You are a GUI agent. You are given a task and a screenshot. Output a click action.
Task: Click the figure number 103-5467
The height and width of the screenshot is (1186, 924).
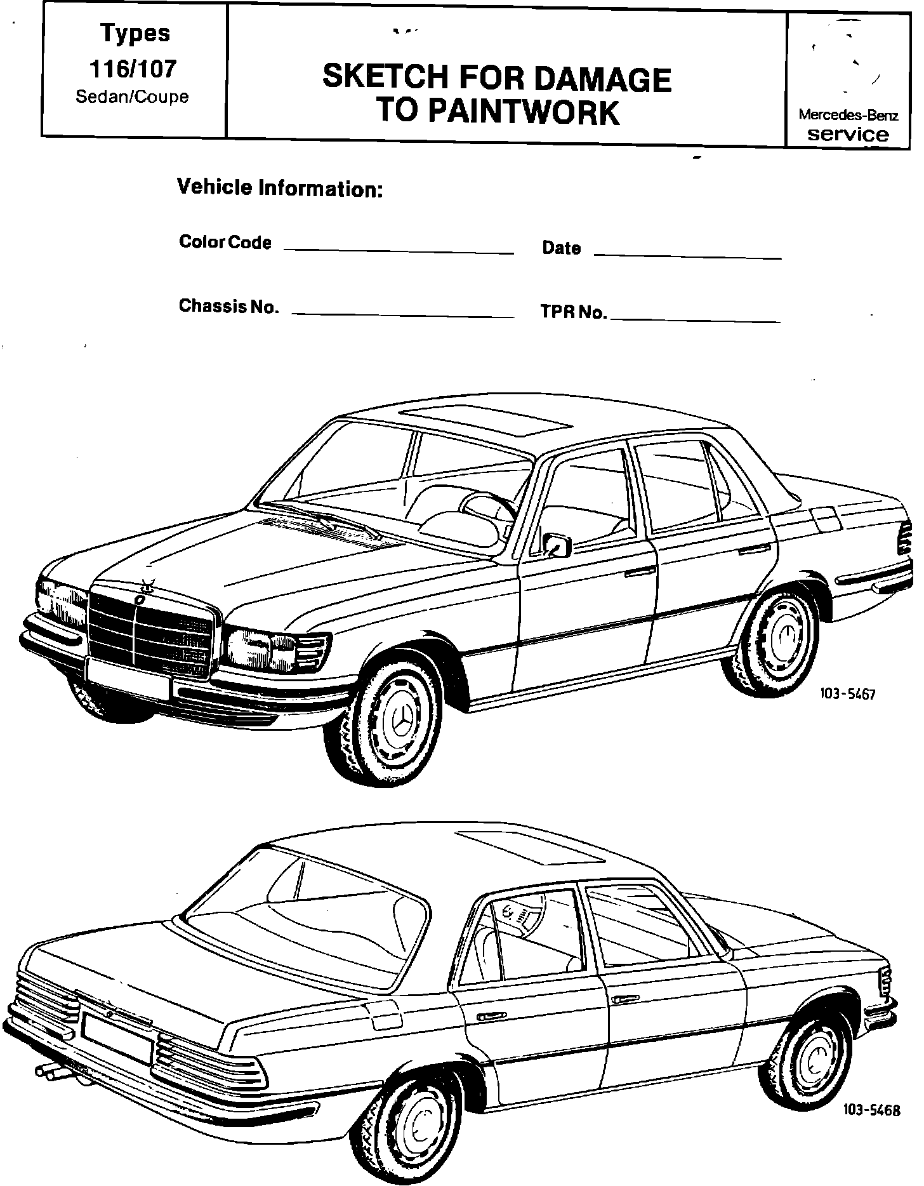(x=848, y=694)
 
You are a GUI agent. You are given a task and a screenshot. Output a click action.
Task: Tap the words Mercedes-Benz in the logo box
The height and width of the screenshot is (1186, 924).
(x=848, y=116)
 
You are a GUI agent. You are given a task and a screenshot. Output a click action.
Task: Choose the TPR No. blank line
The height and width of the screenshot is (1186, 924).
(x=694, y=321)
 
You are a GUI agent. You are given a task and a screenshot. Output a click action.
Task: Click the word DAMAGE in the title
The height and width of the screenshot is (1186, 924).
(x=602, y=79)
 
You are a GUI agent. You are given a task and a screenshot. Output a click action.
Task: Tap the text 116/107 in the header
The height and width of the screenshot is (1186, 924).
(x=135, y=69)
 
